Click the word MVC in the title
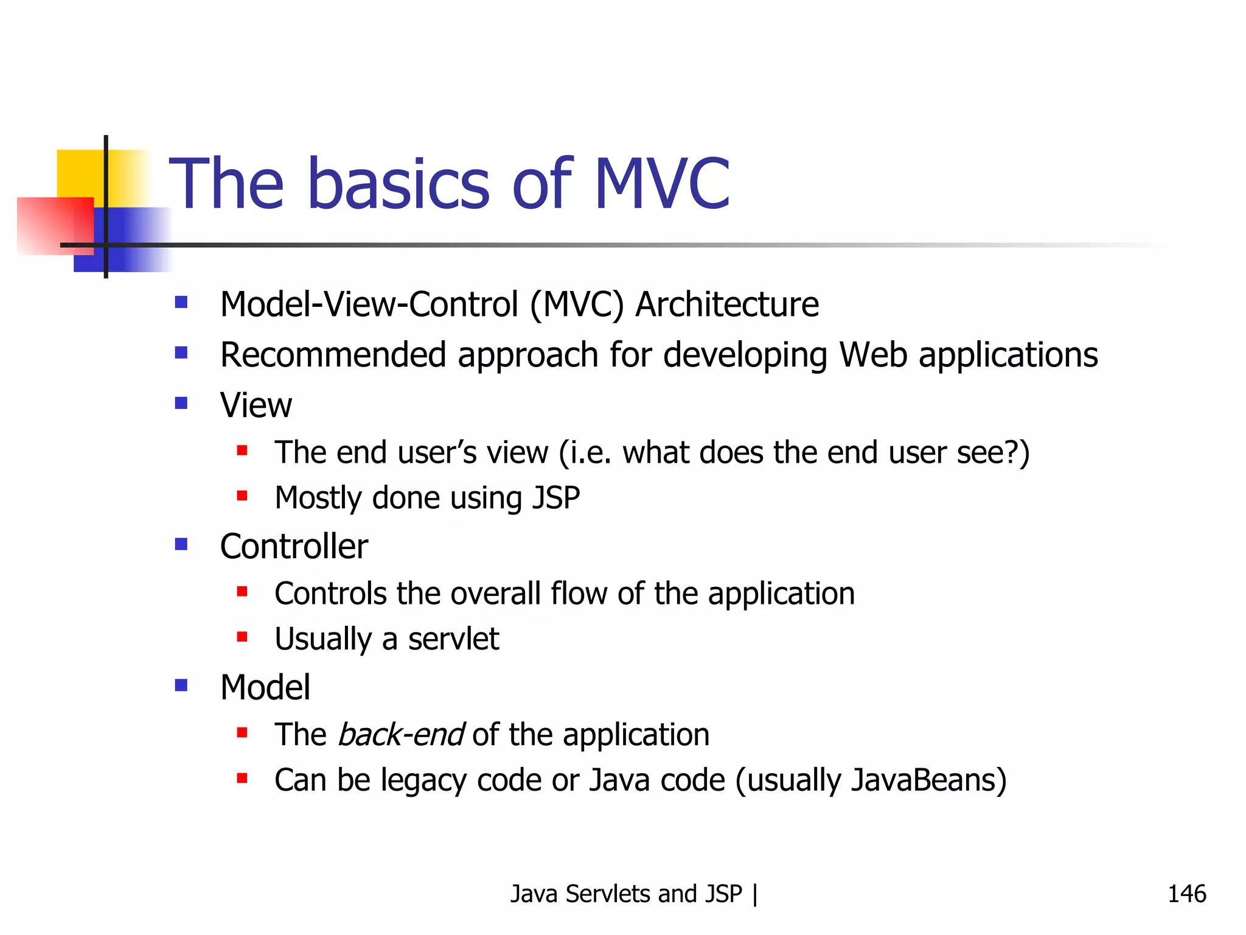(x=661, y=184)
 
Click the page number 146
(x=1186, y=894)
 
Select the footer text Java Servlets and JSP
(x=626, y=894)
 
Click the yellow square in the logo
(x=79, y=173)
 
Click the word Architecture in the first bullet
(x=727, y=304)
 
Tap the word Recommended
(x=333, y=355)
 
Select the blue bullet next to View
(x=181, y=403)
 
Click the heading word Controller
(x=294, y=546)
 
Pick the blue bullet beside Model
(x=181, y=685)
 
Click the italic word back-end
(x=401, y=734)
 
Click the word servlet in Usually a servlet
(x=453, y=639)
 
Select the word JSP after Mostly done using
(x=556, y=498)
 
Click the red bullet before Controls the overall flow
(x=242, y=591)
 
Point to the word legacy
(x=423, y=781)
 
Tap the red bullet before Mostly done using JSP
(x=242, y=496)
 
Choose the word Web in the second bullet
(x=873, y=355)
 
